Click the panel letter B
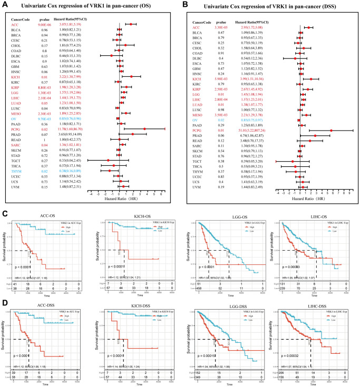coord(184,5)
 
